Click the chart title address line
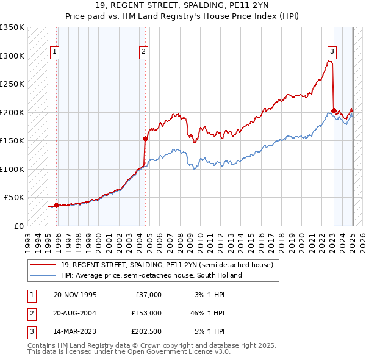[x=182, y=5]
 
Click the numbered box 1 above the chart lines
[x=55, y=52]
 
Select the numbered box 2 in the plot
[x=143, y=52]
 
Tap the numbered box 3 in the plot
[x=332, y=52]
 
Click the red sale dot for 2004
[x=146, y=139]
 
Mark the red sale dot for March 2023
[x=334, y=110]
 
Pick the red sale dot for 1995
[x=57, y=205]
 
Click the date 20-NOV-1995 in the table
[x=75, y=294]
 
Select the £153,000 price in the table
[x=146, y=313]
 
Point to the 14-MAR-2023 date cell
[x=75, y=332]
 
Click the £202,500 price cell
[x=146, y=332]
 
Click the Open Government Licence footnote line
[x=129, y=352]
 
